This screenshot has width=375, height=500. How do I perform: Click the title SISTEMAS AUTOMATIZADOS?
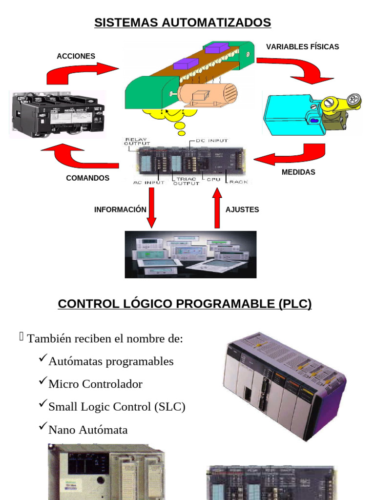[x=183, y=22]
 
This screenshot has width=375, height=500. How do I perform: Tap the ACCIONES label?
[x=76, y=56]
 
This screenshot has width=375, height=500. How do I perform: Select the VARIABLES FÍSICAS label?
[x=302, y=47]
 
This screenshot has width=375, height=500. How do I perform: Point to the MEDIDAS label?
[x=298, y=172]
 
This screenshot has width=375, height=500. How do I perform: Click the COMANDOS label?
[x=88, y=178]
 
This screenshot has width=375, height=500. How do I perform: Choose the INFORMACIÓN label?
[x=120, y=209]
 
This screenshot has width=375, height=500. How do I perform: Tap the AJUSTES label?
[x=242, y=209]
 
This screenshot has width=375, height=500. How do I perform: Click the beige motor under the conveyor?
[x=208, y=95]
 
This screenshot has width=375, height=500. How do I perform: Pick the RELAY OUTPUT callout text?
[x=137, y=142]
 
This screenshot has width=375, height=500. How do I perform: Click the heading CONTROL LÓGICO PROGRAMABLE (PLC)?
[x=185, y=304]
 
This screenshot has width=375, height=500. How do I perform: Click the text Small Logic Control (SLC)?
[x=117, y=407]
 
